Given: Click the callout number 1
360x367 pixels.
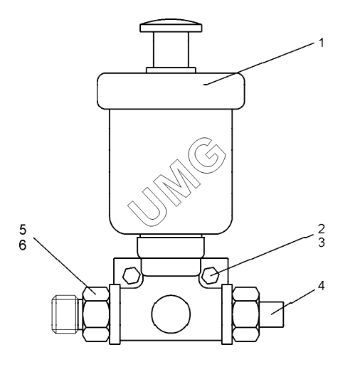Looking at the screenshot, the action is pos(321,43).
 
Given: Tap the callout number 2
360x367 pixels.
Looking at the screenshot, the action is pos(322,229).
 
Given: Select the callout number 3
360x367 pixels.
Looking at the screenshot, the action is pos(322,243).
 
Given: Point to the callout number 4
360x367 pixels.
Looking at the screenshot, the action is pos(321,286).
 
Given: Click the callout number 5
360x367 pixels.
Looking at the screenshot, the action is pos(23,230).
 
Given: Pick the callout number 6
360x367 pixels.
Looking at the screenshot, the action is pos(23,245).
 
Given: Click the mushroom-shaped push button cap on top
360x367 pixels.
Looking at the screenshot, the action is pos(171,26).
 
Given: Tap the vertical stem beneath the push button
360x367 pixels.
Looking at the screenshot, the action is pos(171,50).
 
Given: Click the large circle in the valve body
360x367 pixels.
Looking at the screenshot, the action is pos(171,314).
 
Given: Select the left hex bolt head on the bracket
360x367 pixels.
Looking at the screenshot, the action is pos(132,275).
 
